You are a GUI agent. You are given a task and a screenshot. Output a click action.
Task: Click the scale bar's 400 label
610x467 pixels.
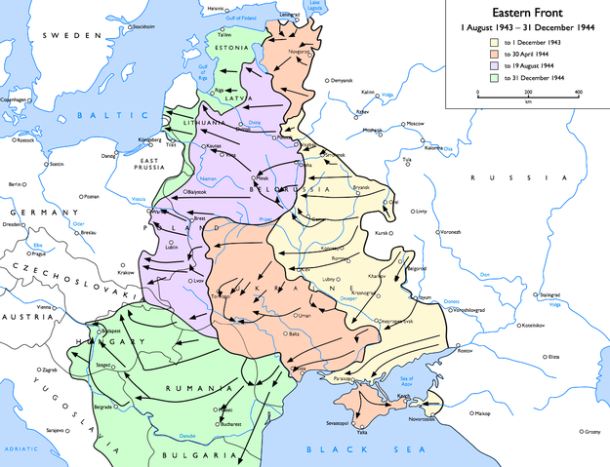[578, 93]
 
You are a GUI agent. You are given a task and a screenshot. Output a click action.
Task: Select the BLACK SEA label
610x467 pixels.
[335, 448]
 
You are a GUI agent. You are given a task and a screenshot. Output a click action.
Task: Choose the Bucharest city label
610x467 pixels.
[230, 424]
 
